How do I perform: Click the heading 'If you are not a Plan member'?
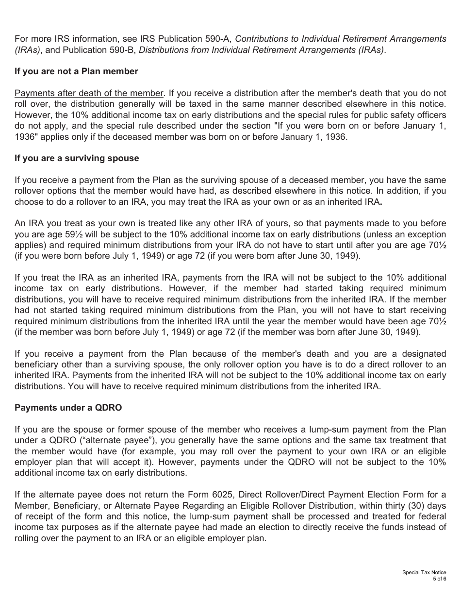click(x=76, y=71)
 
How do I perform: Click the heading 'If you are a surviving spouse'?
click(x=77, y=158)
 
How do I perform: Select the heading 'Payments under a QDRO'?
click(x=68, y=408)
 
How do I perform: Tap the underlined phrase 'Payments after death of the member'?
click(x=89, y=93)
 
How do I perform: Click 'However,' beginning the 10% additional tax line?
click(x=30, y=115)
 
